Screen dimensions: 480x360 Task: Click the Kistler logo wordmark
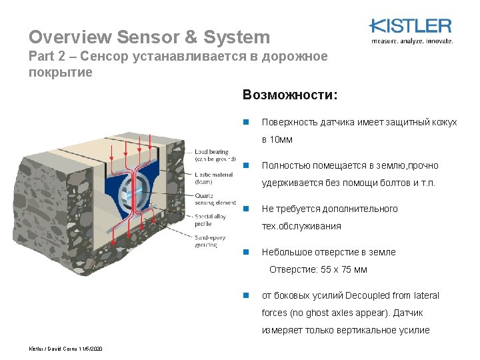pos(411,26)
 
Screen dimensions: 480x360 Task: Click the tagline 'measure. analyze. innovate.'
pos(411,41)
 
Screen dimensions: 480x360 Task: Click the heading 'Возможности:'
pos(291,95)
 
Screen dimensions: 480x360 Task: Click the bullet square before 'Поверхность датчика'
pos(246,123)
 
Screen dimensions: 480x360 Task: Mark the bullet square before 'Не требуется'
pos(246,209)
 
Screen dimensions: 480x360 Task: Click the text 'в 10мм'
pos(277,140)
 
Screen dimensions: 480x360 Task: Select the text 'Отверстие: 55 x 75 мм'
pos(318,270)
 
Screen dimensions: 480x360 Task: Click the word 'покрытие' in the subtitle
pos(61,72)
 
